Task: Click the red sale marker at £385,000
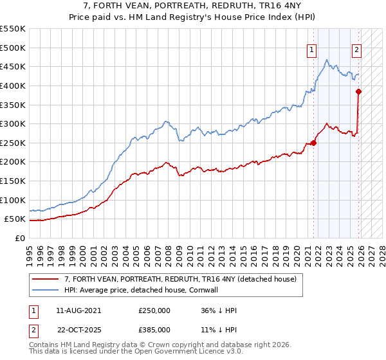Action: (359, 91)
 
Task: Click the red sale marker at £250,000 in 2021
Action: (314, 143)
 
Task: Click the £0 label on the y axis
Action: (19, 238)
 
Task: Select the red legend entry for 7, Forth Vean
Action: (180, 279)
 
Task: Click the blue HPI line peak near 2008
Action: (165, 121)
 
